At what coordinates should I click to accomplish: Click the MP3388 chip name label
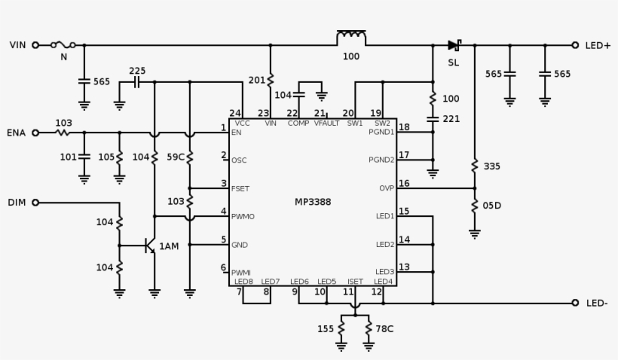312,202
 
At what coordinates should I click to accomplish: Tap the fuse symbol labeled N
63,45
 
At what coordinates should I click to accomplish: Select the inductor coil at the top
351,38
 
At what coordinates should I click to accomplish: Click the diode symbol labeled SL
454,45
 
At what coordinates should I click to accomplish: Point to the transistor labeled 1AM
150,246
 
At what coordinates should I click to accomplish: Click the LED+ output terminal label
598,45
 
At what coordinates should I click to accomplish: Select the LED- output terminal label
597,303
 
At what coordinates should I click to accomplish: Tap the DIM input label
17,203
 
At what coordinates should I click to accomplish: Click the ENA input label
17,133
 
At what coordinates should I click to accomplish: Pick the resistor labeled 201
271,80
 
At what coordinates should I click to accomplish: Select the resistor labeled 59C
190,157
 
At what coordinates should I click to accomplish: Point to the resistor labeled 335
475,166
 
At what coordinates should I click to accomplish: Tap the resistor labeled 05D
475,206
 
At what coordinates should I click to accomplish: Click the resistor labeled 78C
369,329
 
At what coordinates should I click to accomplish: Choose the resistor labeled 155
341,329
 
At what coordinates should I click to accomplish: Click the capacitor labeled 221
433,119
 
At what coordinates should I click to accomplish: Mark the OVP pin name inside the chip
385,188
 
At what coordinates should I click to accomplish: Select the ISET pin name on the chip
354,282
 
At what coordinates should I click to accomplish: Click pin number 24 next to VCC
236,114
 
